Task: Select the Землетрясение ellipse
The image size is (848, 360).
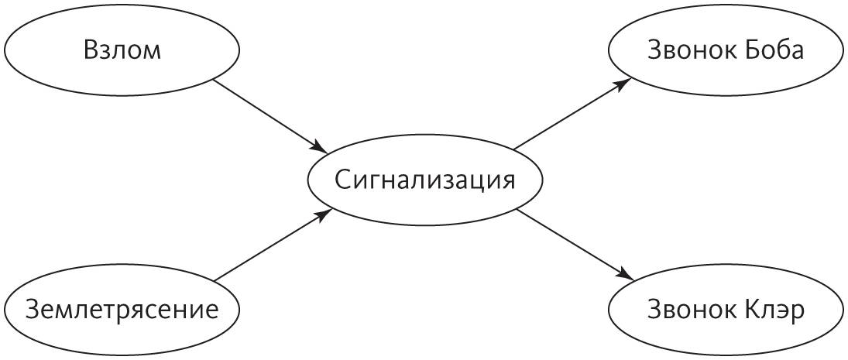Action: click(x=122, y=310)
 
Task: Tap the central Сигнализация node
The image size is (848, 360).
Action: click(x=424, y=180)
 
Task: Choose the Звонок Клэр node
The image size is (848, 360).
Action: click(x=726, y=310)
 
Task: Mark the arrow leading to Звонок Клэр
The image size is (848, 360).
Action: click(x=575, y=245)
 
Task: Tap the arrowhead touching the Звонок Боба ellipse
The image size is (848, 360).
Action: click(x=625, y=81)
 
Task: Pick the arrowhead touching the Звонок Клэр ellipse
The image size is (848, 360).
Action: click(x=627, y=276)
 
